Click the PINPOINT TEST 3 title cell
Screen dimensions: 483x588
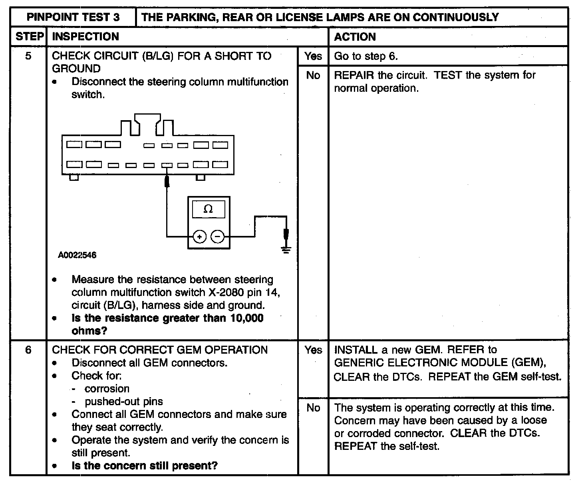tap(73, 17)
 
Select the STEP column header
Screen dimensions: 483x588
tap(29, 37)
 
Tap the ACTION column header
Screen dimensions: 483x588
tap(355, 37)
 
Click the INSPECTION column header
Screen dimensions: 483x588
tap(85, 37)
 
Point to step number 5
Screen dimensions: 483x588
tap(28, 56)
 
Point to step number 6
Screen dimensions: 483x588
tap(28, 350)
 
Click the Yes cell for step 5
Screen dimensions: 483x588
tap(313, 56)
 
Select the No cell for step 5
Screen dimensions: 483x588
tap(313, 75)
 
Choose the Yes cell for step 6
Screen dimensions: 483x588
tap(313, 350)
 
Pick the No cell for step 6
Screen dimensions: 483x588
tap(313, 408)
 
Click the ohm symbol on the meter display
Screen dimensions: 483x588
tap(208, 209)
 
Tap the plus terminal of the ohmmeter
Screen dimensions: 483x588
tap(199, 237)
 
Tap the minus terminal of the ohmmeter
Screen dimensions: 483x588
tap(217, 237)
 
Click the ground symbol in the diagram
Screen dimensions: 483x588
tap(286, 250)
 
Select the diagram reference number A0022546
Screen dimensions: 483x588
tap(77, 255)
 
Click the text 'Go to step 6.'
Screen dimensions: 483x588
tap(366, 56)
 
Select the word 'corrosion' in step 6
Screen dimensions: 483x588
tap(107, 389)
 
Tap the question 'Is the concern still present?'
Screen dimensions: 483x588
tap(145, 466)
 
